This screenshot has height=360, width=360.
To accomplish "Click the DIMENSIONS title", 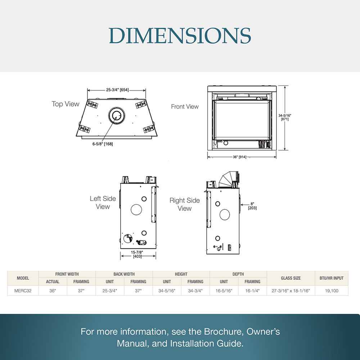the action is (x=180, y=36).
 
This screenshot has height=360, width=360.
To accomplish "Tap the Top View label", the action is (x=66, y=104).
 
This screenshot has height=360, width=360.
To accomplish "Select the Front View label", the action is (x=185, y=107).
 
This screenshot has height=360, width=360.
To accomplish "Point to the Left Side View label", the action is (x=103, y=202).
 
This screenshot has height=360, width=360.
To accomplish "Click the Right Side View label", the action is (x=185, y=204).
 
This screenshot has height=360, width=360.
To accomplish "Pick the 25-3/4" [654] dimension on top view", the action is (x=117, y=90).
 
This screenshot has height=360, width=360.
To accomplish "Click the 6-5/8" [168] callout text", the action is (x=103, y=144).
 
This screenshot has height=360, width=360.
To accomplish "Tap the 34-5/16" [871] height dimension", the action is (x=285, y=117).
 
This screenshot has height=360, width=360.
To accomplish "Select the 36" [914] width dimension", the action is (x=239, y=157).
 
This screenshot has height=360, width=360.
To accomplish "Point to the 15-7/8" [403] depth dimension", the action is (x=137, y=254).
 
